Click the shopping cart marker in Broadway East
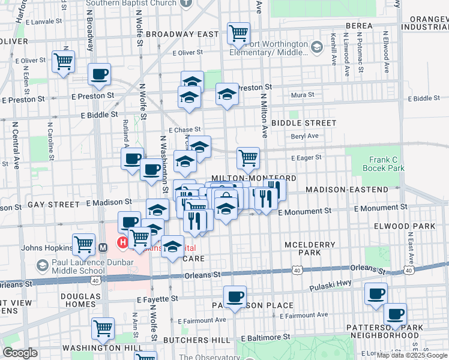tap(238, 33)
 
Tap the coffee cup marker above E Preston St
tap(100, 74)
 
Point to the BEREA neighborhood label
tap(360, 26)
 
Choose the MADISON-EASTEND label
tap(347, 190)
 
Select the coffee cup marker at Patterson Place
tap(235, 296)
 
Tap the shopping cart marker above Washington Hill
tap(103, 328)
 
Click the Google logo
tap(20, 353)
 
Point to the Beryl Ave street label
tap(305, 136)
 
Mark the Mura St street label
tap(303, 95)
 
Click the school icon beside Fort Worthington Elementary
tap(316, 46)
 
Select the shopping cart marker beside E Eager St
tap(248, 158)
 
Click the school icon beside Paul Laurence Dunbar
tap(42, 265)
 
